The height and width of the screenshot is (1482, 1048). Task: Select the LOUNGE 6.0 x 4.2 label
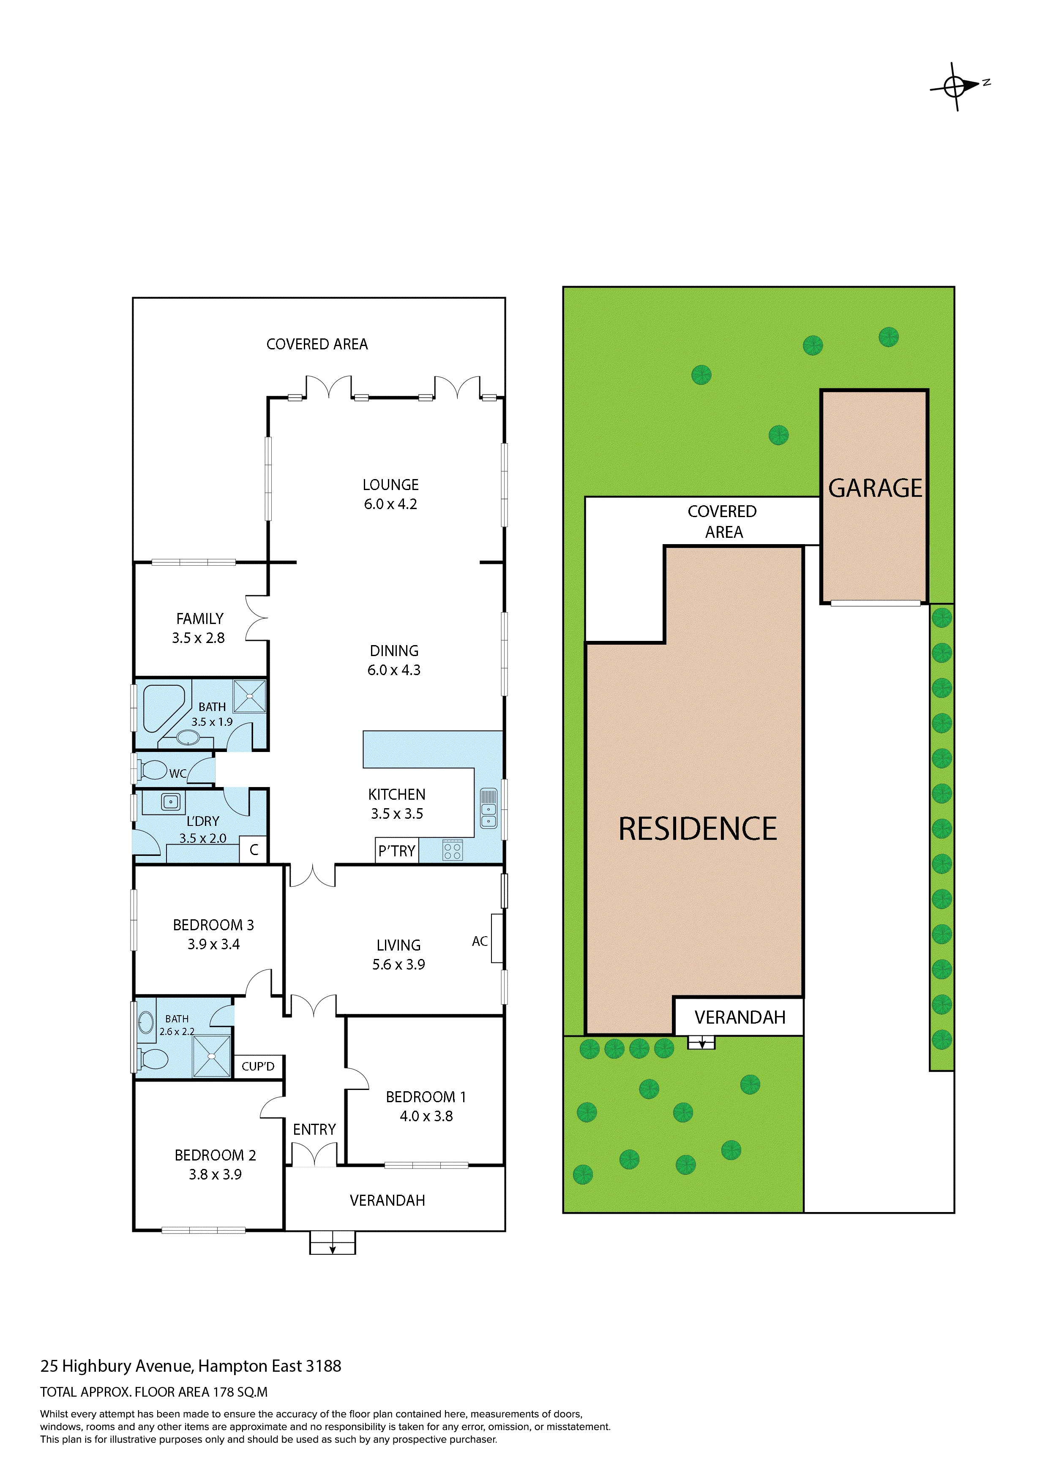[x=390, y=494]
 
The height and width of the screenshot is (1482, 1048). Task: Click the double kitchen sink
[x=489, y=808]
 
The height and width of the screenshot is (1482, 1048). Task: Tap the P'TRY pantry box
[x=396, y=851]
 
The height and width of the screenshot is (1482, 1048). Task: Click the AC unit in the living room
[x=497, y=939]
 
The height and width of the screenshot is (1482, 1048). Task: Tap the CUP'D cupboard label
[x=258, y=1066]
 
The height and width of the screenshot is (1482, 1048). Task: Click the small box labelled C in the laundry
[x=254, y=850]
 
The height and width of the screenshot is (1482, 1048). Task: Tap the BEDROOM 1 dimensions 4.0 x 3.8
[x=426, y=1116]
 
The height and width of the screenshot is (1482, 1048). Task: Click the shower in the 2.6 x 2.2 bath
[x=212, y=1056]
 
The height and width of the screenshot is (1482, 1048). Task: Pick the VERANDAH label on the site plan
[x=740, y=1018]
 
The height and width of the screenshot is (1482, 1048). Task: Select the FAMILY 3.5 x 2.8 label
[x=199, y=628]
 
